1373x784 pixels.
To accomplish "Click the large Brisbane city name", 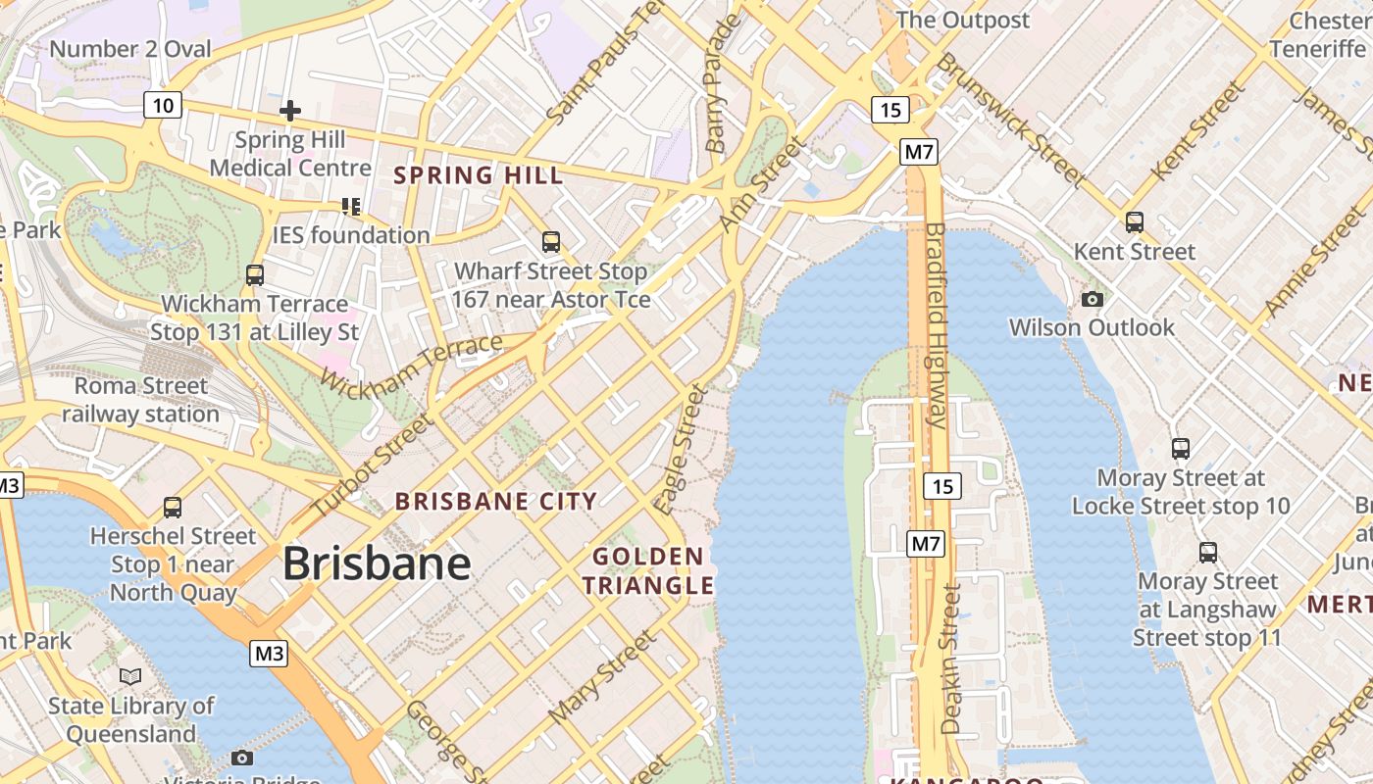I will point(377,563).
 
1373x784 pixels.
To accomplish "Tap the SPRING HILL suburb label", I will point(479,175).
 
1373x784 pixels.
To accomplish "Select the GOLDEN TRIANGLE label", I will point(648,571).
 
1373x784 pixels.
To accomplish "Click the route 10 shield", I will point(163,105).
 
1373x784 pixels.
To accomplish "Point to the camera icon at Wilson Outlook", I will point(1092,300).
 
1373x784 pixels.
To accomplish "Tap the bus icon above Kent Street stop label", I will point(1135,222).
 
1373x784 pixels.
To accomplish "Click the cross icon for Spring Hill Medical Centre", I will point(289,111).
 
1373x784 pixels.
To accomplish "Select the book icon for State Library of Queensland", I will point(130,676).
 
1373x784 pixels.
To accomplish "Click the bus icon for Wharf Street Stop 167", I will point(551,242).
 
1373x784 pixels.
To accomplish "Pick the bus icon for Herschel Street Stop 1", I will point(173,508).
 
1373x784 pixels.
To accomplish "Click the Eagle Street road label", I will point(682,450).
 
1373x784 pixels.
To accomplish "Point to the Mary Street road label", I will point(601,678).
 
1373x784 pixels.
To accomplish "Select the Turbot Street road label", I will point(372,466).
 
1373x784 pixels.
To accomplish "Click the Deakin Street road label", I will point(950,659).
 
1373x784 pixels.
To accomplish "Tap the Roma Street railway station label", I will point(141,400).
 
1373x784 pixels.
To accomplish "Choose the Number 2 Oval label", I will point(129,48).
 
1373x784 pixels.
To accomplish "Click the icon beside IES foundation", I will point(350,206).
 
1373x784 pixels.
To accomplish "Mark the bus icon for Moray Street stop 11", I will point(1208,553).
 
